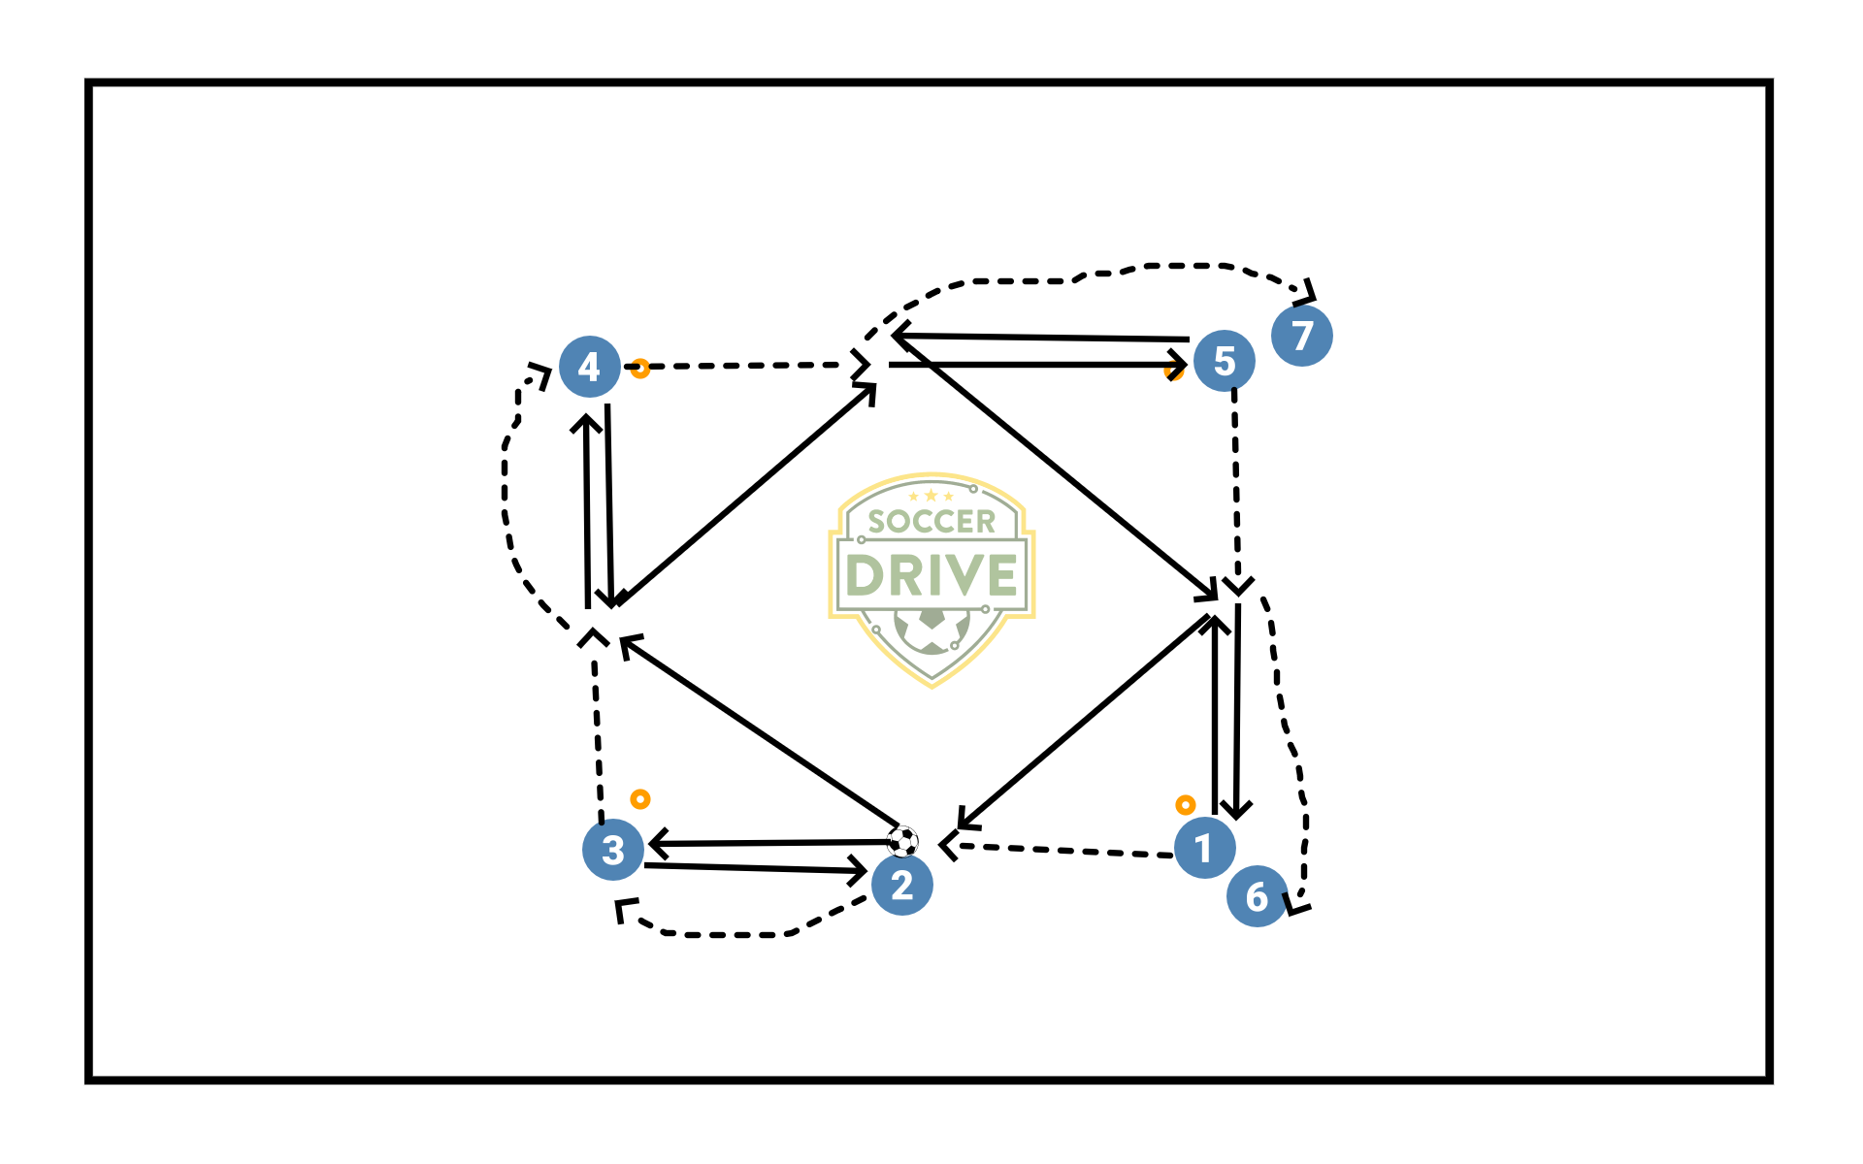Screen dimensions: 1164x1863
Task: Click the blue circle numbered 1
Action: (1204, 848)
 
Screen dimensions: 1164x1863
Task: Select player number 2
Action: (902, 885)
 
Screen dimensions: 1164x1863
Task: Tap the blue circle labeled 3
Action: (613, 850)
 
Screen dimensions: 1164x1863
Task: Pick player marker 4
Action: (589, 367)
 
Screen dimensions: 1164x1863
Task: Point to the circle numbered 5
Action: (1225, 361)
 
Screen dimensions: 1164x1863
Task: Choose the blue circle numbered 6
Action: (1257, 896)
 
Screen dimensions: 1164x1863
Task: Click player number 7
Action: (1302, 336)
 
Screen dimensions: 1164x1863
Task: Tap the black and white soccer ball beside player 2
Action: (902, 841)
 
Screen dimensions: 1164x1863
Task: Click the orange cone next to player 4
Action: (639, 369)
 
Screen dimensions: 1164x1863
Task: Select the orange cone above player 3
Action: (639, 799)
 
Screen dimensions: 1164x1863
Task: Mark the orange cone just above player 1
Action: (1185, 805)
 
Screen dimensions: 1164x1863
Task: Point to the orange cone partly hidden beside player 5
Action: (1172, 373)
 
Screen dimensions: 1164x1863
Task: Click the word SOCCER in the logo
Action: (931, 522)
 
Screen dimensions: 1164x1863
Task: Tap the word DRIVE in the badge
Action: (931, 575)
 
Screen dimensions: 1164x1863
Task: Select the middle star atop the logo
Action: (931, 496)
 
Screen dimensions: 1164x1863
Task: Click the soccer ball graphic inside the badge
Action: (931, 631)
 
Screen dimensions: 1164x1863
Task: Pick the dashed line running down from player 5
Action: (1236, 485)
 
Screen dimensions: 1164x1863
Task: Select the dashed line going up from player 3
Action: (598, 737)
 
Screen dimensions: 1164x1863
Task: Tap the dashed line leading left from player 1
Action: (1067, 851)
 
